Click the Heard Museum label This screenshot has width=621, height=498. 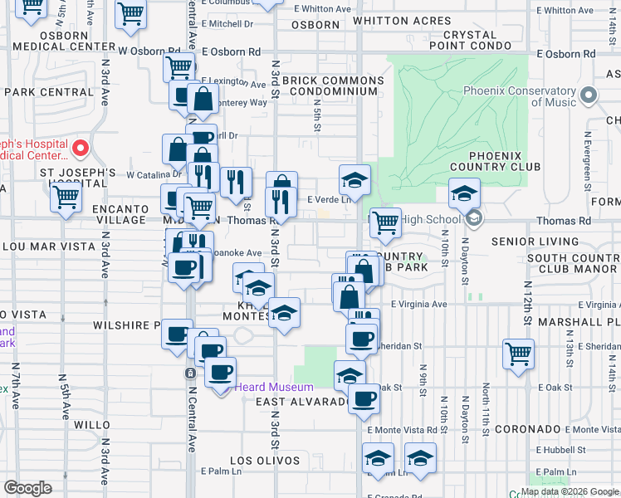point(273,387)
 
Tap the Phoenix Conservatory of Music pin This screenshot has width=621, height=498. point(589,96)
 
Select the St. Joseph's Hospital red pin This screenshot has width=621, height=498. point(81,149)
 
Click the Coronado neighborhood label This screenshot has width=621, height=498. point(528,429)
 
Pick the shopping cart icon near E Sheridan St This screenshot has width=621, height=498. point(518,354)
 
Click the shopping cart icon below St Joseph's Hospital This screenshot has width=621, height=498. point(65,198)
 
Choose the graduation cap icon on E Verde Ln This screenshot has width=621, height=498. point(355,179)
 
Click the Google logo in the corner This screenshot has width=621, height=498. point(28,487)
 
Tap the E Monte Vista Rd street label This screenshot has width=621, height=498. point(402,430)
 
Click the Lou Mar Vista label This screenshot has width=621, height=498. point(39,247)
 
